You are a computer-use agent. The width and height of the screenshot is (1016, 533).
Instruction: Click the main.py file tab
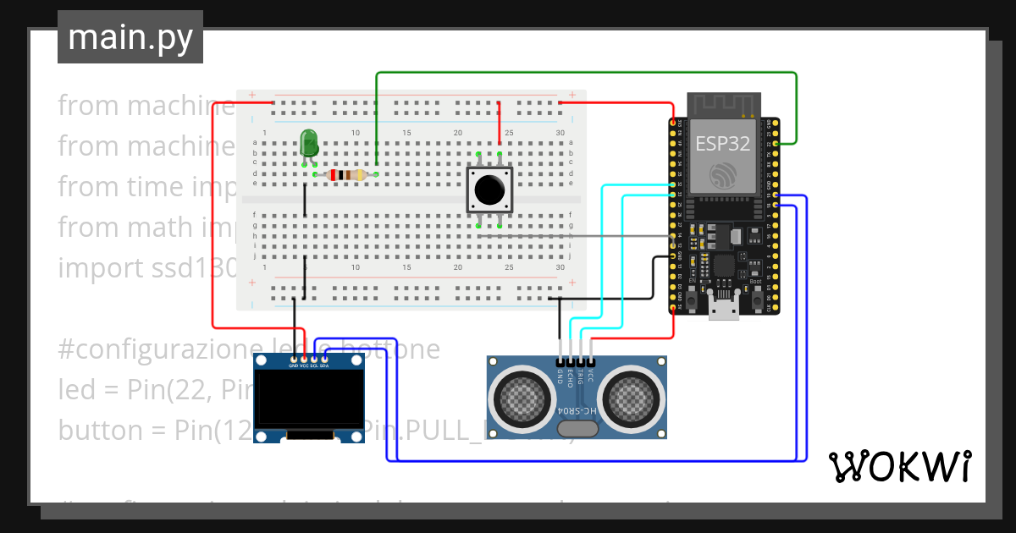click(130, 37)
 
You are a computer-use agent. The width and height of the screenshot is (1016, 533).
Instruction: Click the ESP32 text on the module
click(722, 143)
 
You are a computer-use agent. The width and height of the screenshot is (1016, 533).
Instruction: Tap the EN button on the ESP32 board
click(692, 301)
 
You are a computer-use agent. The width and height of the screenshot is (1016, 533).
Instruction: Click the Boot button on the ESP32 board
click(755, 301)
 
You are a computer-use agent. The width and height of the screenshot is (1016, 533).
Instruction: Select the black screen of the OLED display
click(309, 401)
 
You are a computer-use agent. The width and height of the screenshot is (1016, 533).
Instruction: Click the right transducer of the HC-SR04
click(631, 397)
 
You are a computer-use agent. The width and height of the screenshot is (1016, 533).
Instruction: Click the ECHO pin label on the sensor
click(571, 376)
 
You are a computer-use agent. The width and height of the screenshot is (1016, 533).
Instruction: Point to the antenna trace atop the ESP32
click(722, 106)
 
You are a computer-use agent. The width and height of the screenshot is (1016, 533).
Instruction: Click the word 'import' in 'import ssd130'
click(97, 268)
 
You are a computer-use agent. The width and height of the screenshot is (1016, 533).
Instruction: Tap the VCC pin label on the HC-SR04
click(591, 376)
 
